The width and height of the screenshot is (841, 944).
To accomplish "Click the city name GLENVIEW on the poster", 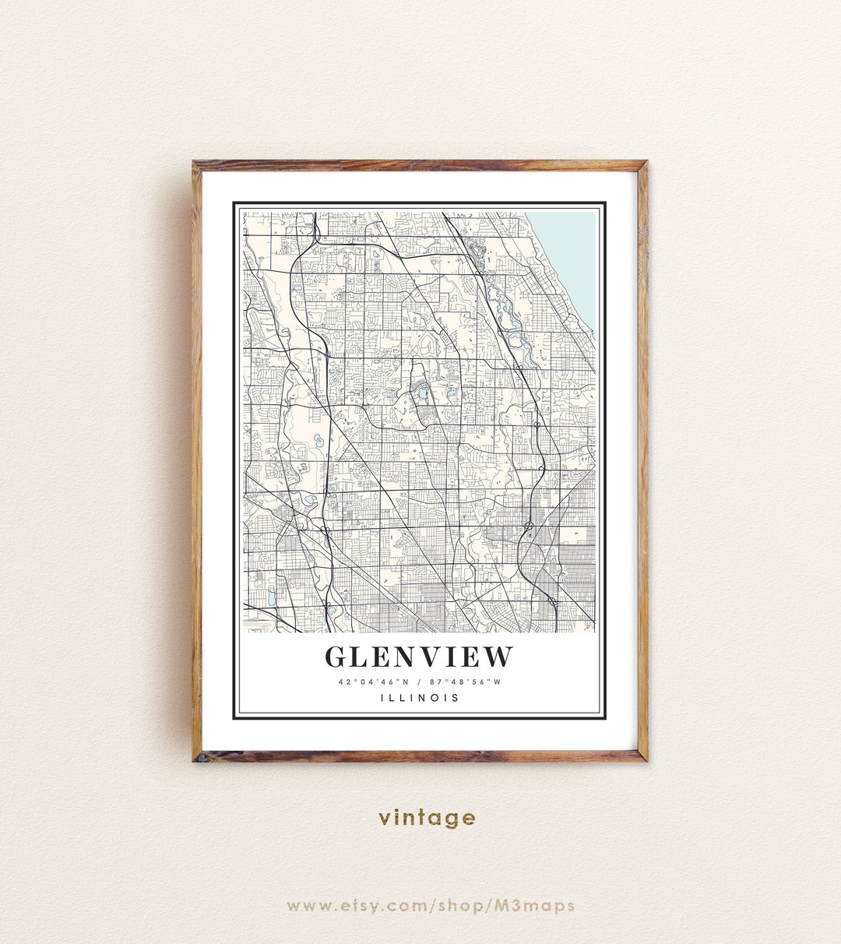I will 419,657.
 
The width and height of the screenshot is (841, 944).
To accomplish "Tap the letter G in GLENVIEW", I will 336,657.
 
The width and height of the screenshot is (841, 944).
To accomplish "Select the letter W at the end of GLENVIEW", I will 498,657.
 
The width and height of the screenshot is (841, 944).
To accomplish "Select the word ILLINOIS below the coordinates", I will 420,698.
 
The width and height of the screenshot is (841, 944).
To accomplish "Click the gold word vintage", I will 427,817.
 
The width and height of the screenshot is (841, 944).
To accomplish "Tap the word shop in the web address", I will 464,905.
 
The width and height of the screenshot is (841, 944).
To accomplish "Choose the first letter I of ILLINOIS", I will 382,698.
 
